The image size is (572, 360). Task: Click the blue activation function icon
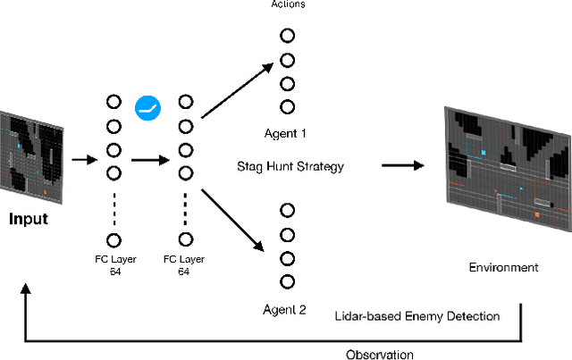click(x=147, y=109)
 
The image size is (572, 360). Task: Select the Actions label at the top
click(x=287, y=4)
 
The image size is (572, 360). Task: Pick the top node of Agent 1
click(x=287, y=36)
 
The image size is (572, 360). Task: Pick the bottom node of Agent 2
click(x=287, y=282)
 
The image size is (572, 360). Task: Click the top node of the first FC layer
click(x=114, y=101)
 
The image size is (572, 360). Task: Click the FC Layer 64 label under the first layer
click(x=114, y=265)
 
